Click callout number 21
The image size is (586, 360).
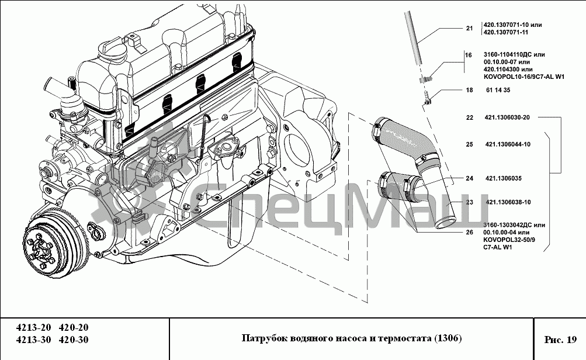(x=469, y=28)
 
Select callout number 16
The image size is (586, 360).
(x=468, y=56)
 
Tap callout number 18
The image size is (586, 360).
(x=469, y=91)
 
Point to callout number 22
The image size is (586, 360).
(x=469, y=117)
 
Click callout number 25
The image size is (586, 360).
(x=469, y=144)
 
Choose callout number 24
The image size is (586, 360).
(x=469, y=178)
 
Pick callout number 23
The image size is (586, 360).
(x=469, y=203)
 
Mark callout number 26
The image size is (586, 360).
(x=469, y=232)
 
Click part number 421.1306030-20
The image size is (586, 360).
(x=507, y=117)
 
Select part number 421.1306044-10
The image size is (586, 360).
(x=507, y=144)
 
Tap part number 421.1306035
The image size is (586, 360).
(x=503, y=178)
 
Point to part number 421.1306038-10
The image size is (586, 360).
(x=508, y=203)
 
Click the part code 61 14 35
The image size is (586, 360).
(x=498, y=91)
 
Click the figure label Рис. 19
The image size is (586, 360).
(x=560, y=340)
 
